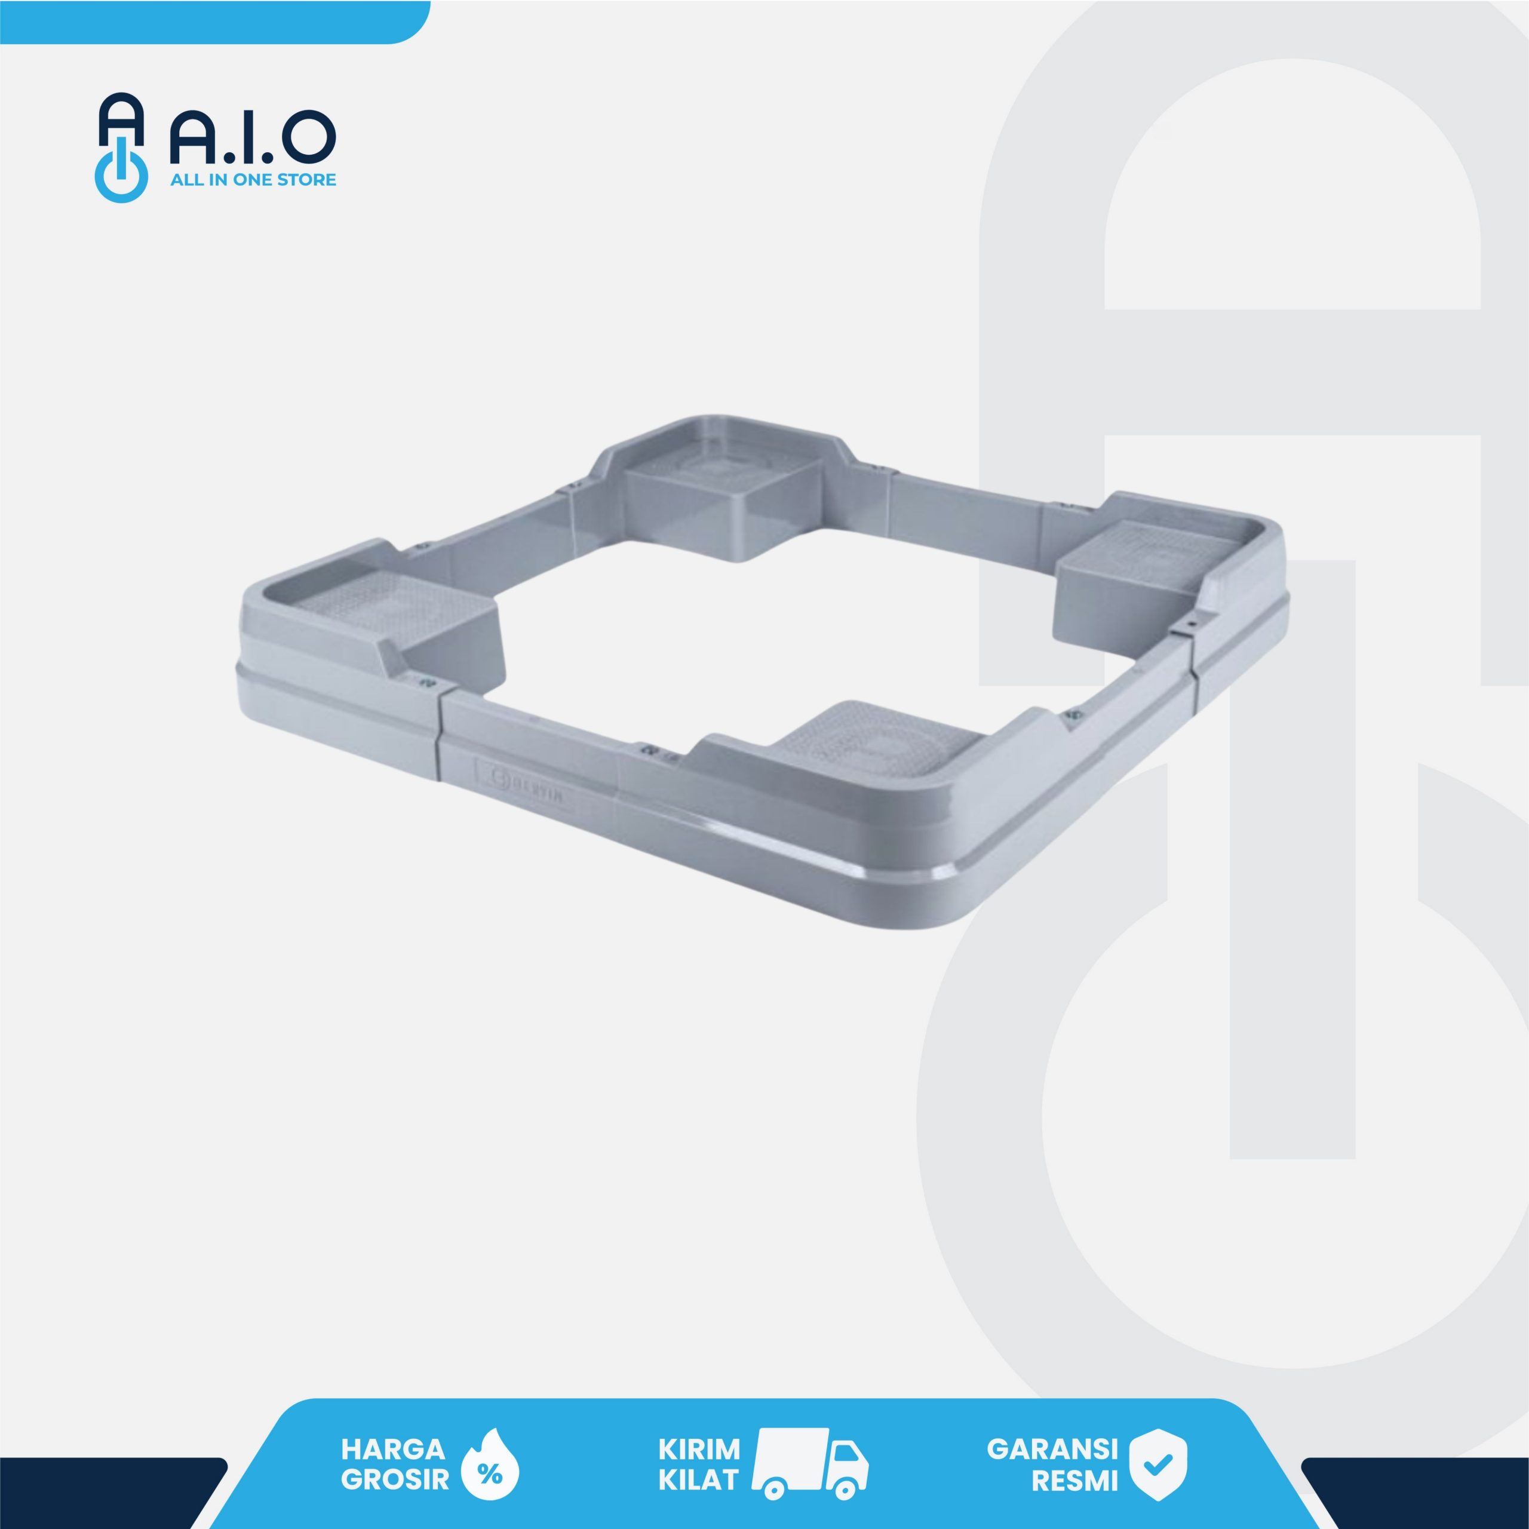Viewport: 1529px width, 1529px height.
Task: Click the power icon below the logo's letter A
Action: [x=121, y=175]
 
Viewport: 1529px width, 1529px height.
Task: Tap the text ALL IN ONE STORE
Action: [x=253, y=180]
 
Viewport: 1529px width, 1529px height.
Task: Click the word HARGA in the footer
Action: [x=392, y=1449]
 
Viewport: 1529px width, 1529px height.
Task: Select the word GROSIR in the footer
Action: [x=394, y=1479]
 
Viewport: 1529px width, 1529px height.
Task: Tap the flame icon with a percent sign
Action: [x=489, y=1463]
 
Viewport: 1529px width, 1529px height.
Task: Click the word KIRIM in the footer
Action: [x=699, y=1449]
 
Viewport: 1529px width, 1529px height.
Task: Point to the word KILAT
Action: [x=699, y=1479]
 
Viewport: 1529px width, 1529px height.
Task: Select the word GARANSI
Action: [x=1052, y=1449]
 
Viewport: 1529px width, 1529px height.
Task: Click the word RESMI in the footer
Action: [x=1074, y=1480]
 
